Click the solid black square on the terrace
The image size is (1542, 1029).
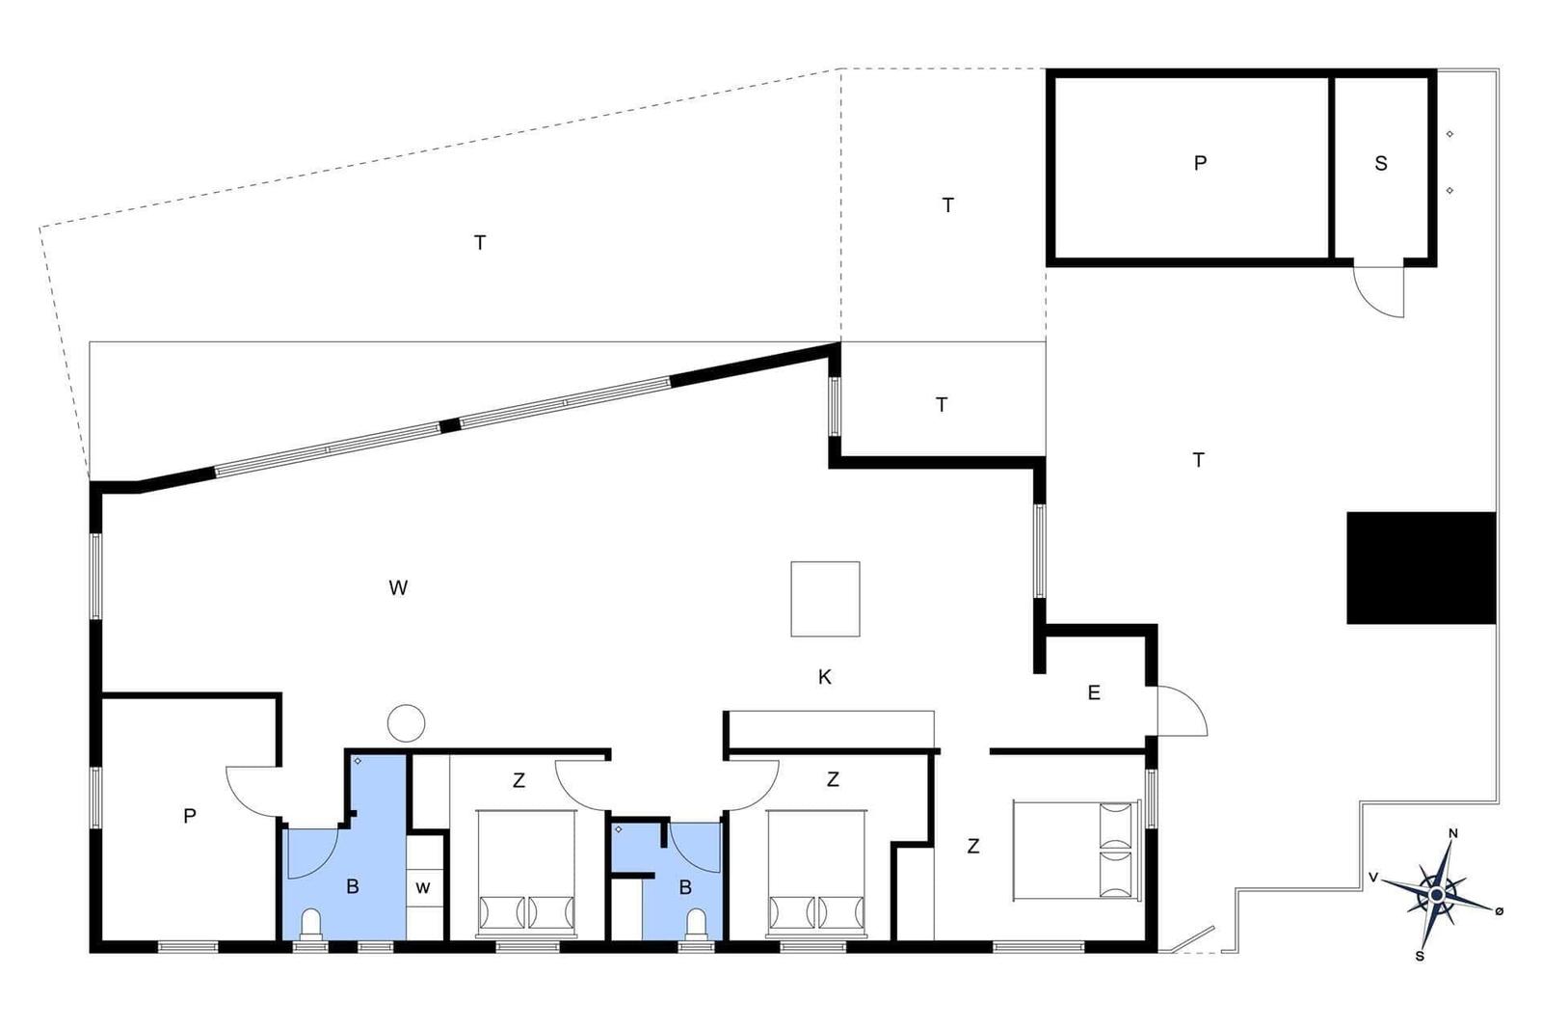click(x=1421, y=567)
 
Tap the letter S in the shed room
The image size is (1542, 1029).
click(x=1380, y=163)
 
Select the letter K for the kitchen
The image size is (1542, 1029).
click(x=824, y=677)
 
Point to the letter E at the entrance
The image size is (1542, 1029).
click(x=1094, y=692)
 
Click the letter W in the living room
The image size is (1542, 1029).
click(x=398, y=587)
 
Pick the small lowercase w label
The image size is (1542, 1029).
click(x=423, y=887)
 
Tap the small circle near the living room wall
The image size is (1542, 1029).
click(x=406, y=723)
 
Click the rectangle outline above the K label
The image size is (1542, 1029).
click(x=825, y=599)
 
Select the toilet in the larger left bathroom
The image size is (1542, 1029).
click(x=311, y=924)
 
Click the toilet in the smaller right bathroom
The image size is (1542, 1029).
click(x=696, y=924)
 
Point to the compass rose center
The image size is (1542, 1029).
click(x=1436, y=895)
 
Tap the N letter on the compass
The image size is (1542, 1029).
click(x=1453, y=833)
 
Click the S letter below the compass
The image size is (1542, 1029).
click(x=1420, y=956)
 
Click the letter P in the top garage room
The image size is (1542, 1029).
click(x=1200, y=163)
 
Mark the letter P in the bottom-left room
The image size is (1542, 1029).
click(x=189, y=816)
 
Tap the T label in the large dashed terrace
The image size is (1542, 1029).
click(x=480, y=242)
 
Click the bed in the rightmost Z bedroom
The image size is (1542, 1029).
click(x=1077, y=850)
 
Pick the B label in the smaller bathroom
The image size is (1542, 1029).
click(x=685, y=888)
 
